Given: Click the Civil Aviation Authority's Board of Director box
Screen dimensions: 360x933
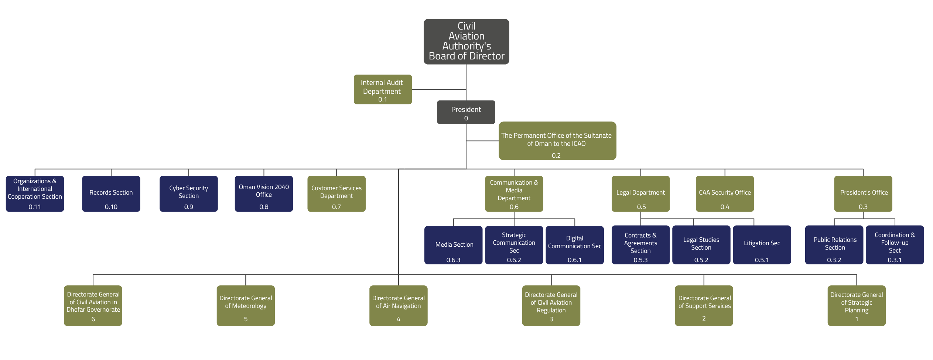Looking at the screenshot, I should (466, 41).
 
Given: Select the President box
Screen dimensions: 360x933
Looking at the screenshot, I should (466, 112).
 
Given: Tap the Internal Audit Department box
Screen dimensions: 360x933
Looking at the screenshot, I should (382, 89).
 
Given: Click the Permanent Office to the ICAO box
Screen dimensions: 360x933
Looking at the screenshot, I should (557, 141).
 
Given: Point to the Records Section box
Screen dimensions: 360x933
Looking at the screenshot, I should (111, 193).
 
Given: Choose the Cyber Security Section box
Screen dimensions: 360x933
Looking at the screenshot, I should (188, 193).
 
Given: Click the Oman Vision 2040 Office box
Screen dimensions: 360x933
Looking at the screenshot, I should (264, 193).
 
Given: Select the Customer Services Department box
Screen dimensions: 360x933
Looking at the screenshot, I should (336, 193).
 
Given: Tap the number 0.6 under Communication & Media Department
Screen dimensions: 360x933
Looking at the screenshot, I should (514, 207).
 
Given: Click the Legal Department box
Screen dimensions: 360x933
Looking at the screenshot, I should (640, 193).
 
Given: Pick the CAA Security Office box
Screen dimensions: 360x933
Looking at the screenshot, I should (725, 193).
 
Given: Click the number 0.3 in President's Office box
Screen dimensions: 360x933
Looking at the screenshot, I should (863, 207).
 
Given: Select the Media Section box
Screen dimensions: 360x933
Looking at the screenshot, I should (453, 245).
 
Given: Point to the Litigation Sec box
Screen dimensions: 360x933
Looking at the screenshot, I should (762, 244).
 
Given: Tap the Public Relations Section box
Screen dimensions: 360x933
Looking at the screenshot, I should (834, 244).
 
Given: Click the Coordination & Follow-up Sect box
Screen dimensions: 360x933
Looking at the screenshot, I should (895, 244).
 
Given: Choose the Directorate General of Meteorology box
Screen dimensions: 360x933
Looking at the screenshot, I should (246, 305).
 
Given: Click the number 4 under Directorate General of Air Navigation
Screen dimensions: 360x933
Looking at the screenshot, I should (398, 319).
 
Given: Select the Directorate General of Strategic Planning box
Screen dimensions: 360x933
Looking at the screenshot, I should (856, 305).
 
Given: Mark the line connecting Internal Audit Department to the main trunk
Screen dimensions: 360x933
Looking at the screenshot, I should (439, 89).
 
